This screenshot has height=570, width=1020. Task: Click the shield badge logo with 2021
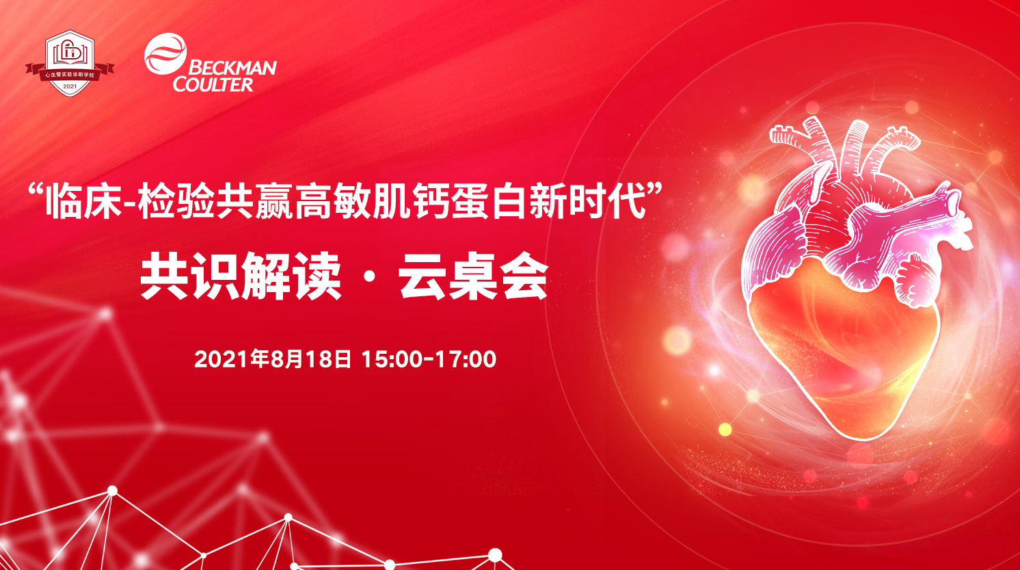click(70, 63)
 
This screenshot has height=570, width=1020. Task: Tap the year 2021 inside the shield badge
click(70, 87)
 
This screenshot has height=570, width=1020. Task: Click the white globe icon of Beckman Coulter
click(165, 54)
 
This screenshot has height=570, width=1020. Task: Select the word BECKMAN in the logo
click(232, 68)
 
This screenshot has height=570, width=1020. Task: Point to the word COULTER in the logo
click(213, 84)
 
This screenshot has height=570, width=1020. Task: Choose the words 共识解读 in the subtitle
click(241, 276)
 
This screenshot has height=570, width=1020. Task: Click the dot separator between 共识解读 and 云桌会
click(371, 276)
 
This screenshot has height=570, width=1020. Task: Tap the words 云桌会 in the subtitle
click(474, 276)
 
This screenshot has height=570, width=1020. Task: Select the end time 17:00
click(466, 359)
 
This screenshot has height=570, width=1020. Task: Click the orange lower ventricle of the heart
click(842, 351)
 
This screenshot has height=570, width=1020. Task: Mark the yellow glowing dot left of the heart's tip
click(725, 429)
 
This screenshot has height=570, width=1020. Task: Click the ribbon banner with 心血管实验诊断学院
click(70, 74)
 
